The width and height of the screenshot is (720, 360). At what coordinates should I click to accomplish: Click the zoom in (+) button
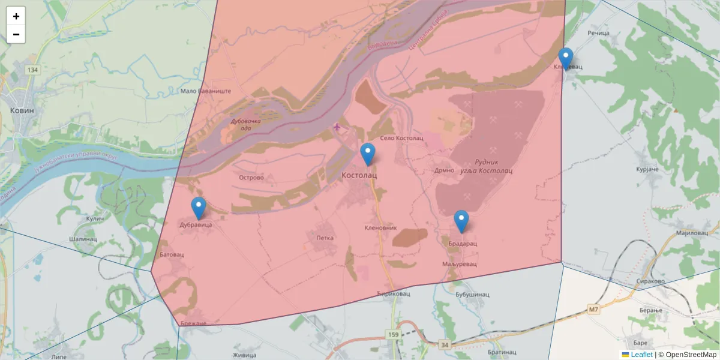tap(16, 16)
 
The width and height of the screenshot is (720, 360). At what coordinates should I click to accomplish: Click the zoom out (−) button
tap(16, 34)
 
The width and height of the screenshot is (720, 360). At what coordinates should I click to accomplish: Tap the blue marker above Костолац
tap(368, 155)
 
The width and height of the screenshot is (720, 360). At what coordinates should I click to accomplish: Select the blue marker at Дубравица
tap(199, 208)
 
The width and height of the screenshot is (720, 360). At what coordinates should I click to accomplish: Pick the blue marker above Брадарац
tap(461, 221)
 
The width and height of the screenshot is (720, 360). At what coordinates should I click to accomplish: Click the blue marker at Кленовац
tap(565, 59)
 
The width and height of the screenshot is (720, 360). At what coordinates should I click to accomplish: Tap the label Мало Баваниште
tap(206, 91)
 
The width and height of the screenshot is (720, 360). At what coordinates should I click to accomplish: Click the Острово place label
tap(251, 178)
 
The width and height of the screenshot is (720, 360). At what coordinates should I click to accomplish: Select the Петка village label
tap(325, 238)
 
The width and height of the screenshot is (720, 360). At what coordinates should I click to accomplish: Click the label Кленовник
tap(381, 228)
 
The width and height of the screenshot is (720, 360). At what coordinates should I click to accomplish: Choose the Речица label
tap(598, 33)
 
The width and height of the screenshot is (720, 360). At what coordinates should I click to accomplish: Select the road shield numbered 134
tap(32, 70)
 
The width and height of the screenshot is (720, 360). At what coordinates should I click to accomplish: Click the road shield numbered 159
tap(393, 334)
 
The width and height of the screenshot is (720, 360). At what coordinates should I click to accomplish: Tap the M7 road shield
tap(593, 310)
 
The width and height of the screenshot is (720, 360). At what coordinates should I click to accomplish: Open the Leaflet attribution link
tap(641, 355)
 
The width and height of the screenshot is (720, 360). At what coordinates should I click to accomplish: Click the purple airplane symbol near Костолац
tap(337, 127)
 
